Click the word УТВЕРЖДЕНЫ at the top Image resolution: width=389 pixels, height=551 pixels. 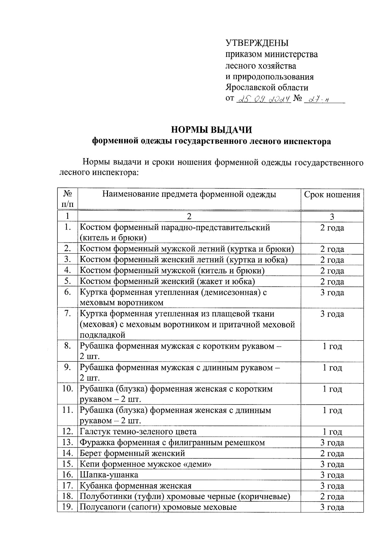(x=257, y=43)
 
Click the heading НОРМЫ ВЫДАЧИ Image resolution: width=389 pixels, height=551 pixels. (x=211, y=130)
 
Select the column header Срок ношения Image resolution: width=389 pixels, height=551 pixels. (x=332, y=195)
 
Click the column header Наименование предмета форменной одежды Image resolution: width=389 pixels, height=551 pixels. (x=189, y=194)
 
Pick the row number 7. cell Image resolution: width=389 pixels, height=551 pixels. (x=67, y=314)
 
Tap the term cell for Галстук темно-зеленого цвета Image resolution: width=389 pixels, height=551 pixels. (x=332, y=432)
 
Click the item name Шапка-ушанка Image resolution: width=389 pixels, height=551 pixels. (x=109, y=475)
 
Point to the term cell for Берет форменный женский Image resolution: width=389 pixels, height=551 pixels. (x=332, y=454)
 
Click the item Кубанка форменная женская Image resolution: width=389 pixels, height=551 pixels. (x=136, y=486)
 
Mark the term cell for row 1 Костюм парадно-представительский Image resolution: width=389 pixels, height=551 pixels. (x=332, y=228)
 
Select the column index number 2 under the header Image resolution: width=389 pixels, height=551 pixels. (x=189, y=217)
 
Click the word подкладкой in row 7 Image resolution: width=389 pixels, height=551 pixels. (x=102, y=335)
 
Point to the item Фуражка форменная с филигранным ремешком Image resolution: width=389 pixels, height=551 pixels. (x=172, y=443)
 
